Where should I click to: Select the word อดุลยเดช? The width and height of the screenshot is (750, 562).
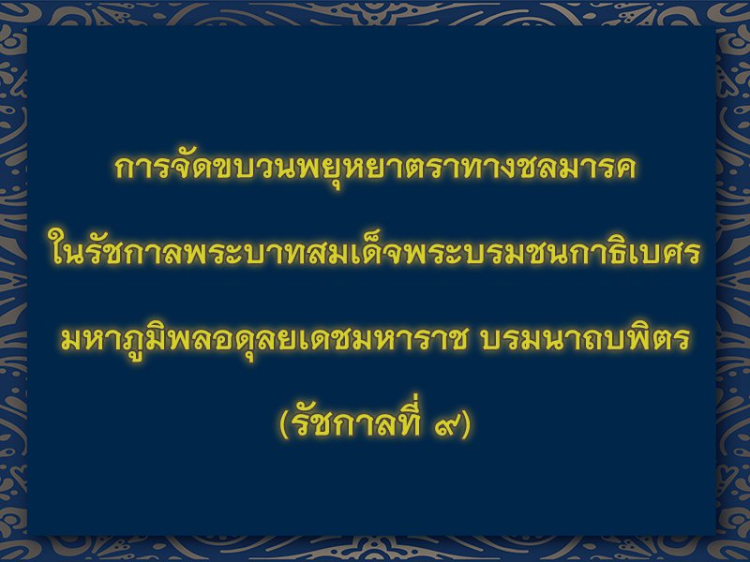coord(269,339)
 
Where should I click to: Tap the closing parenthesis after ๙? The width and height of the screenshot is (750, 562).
coord(465,423)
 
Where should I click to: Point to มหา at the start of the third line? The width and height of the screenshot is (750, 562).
coord(92,338)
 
